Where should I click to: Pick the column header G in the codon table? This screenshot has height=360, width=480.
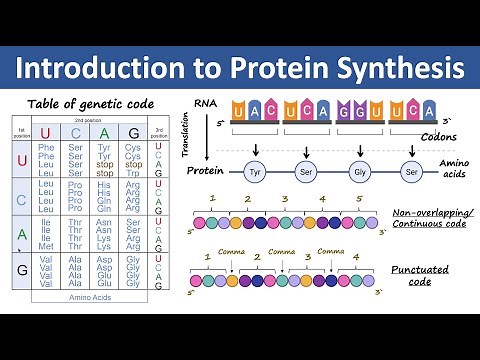click(133, 133)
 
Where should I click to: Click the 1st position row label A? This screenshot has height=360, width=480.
click(19, 234)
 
